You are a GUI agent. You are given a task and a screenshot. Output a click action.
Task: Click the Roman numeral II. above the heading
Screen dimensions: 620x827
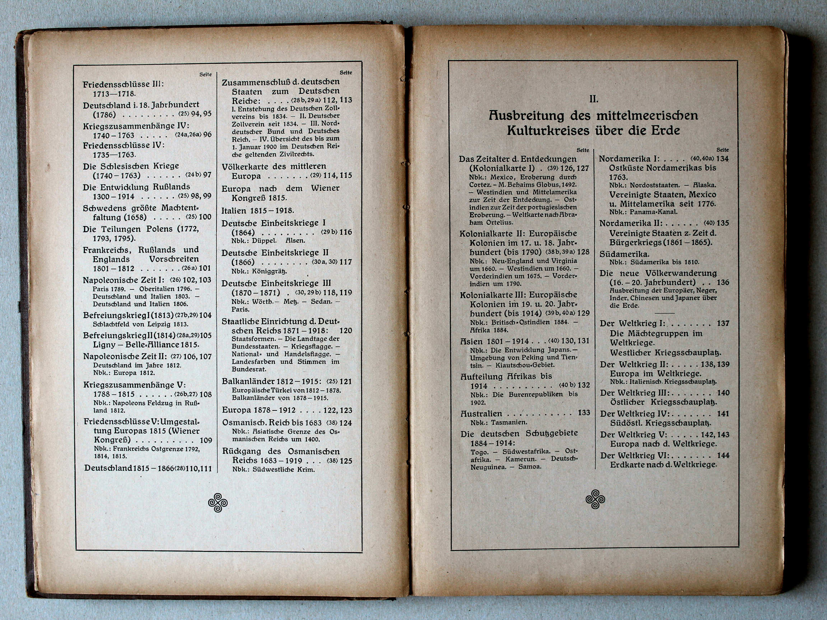[593, 99]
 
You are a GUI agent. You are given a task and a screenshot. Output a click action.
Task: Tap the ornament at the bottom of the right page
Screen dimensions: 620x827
[595, 499]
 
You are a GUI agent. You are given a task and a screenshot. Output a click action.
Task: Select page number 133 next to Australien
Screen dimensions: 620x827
[584, 413]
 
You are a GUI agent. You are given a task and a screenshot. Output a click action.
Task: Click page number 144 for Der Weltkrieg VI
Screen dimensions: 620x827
[723, 455]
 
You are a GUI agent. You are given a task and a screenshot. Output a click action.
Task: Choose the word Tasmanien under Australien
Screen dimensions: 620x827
[509, 422]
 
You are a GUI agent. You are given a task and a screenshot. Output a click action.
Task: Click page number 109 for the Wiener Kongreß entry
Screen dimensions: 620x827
[206, 440]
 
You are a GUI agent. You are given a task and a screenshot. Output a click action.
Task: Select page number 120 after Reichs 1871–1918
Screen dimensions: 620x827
[345, 331]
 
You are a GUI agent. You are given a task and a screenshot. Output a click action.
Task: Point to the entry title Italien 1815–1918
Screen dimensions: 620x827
[258, 210]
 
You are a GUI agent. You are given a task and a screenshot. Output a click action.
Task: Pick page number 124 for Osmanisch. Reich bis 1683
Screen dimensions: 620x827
[345, 423]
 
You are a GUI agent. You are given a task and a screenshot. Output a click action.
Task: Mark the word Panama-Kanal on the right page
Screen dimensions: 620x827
[653, 212]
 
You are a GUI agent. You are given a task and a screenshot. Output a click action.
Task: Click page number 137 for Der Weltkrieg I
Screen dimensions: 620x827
[723, 323]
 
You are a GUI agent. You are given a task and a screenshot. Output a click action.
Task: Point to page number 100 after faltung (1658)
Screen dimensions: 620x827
[205, 217]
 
